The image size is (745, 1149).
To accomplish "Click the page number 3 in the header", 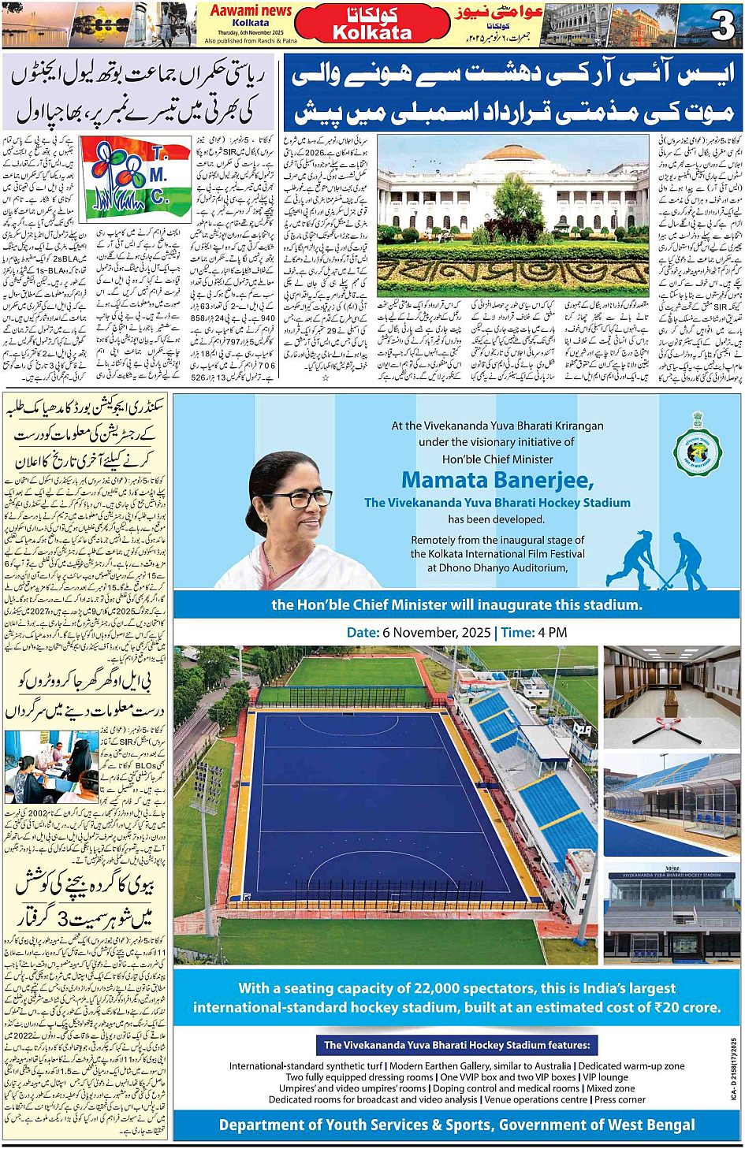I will point(722,25).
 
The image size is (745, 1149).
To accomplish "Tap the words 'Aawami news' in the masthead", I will point(251,11).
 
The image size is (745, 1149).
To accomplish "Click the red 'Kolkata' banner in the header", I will point(372,24).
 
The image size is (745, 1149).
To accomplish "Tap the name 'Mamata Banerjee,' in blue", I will point(497,480).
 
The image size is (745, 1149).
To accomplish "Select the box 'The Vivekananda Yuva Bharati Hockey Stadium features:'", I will point(457,1045).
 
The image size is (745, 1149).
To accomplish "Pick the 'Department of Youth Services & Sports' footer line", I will point(456,1125).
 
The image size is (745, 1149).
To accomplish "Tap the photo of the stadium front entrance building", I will point(672,915).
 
